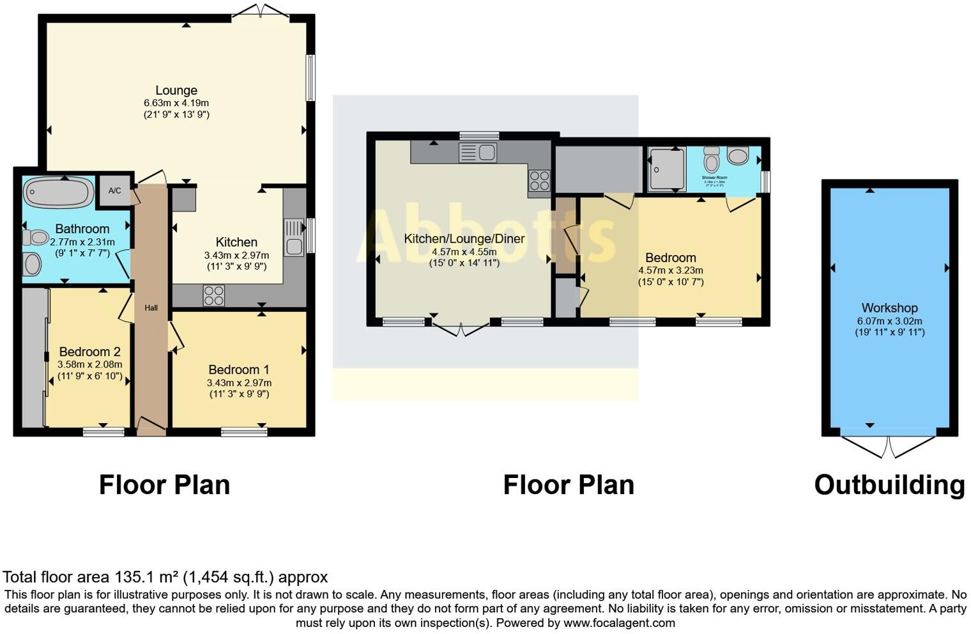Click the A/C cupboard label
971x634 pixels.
(x=115, y=190)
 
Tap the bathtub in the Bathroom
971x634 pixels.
(x=58, y=191)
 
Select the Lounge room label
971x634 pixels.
(x=176, y=91)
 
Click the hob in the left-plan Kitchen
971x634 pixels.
(x=213, y=295)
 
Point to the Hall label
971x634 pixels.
(x=151, y=308)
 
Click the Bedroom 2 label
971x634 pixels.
(x=89, y=352)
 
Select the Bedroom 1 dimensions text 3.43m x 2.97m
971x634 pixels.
(x=239, y=383)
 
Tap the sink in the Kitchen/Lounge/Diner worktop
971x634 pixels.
(x=478, y=153)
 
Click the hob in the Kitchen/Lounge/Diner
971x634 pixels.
(x=539, y=180)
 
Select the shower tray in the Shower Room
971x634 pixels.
(x=667, y=169)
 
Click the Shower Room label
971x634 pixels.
(x=714, y=178)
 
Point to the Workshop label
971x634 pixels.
(x=889, y=308)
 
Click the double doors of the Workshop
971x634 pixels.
(x=889, y=446)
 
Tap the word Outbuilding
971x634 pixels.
(x=889, y=485)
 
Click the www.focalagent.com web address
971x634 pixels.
(x=619, y=622)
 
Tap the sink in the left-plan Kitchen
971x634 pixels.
(x=294, y=238)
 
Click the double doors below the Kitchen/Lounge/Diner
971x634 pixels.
(x=462, y=329)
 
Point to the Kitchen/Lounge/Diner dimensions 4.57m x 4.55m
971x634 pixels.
(x=464, y=252)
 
